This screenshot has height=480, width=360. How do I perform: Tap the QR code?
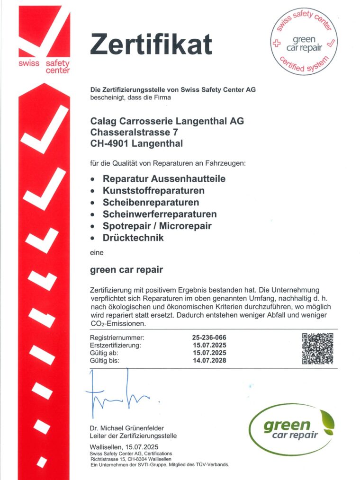[318, 349]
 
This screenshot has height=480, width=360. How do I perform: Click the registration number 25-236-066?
[209, 338]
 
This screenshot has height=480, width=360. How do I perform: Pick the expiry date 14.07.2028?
[209, 360]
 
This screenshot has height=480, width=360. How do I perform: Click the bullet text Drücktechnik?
[133, 238]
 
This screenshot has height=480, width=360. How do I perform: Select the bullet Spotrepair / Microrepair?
[157, 226]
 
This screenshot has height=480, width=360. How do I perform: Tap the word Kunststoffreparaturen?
[153, 191]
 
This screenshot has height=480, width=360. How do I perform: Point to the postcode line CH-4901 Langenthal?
[136, 142]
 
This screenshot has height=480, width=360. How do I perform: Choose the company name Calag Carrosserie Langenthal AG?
[167, 121]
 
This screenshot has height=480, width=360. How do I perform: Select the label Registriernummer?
[117, 338]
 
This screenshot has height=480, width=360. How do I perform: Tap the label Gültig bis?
[105, 360]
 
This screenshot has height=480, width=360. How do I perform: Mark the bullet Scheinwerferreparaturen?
[160, 214]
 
